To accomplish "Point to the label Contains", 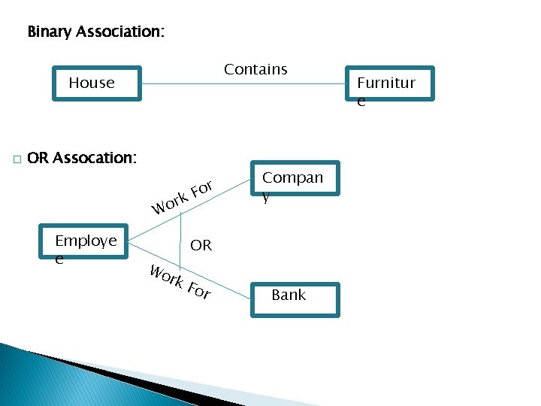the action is pos(255,69).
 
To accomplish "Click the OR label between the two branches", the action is pos(201,245).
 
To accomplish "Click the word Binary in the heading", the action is pos(50,32).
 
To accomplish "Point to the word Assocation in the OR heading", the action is pos(95,158).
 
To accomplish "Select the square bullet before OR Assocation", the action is pos(15,159).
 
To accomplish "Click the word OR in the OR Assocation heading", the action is pos(38,158).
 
